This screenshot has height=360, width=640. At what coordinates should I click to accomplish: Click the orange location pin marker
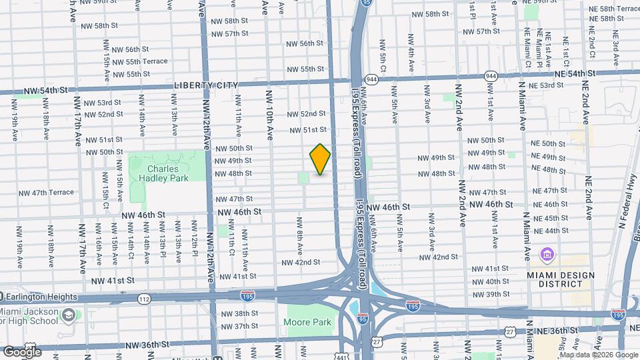tap(320, 159)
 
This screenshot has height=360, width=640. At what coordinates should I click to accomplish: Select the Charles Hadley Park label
tap(160, 173)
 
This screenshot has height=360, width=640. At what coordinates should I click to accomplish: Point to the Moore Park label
tap(309, 322)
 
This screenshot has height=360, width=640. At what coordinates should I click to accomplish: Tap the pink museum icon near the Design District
tap(547, 254)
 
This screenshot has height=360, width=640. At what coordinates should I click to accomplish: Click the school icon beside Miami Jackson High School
tap(67, 314)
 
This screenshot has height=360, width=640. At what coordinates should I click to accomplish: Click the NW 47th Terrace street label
tap(46, 193)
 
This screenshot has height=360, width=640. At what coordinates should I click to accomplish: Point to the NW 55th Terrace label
tap(137, 61)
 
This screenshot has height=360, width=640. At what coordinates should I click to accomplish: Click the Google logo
tap(22, 351)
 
